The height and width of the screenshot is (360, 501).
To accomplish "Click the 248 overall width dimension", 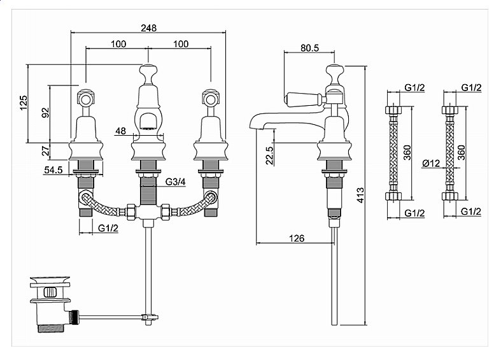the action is click(x=149, y=28).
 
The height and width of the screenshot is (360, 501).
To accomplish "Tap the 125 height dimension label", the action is click(x=24, y=103).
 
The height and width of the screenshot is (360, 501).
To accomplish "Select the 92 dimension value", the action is click(x=46, y=112).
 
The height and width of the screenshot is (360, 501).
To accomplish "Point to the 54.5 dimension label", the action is click(x=53, y=170).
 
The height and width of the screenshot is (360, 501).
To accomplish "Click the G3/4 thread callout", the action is click(x=176, y=182).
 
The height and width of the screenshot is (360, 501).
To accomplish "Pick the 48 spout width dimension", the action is click(x=121, y=131).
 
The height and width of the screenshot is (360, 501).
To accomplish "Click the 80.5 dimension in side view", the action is click(x=309, y=48).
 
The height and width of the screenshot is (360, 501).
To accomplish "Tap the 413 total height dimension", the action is click(x=360, y=196).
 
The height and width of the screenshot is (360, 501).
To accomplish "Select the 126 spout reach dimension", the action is click(x=297, y=238).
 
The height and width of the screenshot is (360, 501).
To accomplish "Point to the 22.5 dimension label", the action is click(x=270, y=155).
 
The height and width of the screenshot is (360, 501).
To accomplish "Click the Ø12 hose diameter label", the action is click(x=431, y=163).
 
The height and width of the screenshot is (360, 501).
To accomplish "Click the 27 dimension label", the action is click(x=46, y=150).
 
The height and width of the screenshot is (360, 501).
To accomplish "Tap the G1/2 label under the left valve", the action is click(x=108, y=228).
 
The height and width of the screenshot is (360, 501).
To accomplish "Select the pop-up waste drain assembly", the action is click(x=50, y=304).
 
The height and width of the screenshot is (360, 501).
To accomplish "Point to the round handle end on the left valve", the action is click(x=85, y=99).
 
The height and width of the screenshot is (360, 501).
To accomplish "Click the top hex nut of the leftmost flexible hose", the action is click(x=393, y=110).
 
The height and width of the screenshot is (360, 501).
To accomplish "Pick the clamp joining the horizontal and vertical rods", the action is click(x=150, y=317).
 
